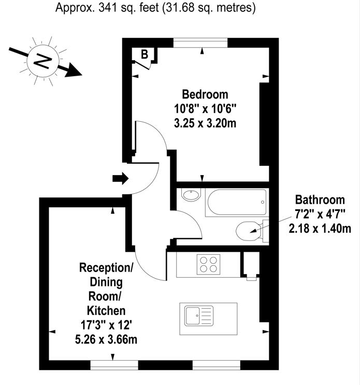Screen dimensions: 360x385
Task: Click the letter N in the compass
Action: pyautogui.click(x=42, y=61)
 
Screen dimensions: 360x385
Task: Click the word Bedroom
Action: pyautogui.click(x=205, y=94)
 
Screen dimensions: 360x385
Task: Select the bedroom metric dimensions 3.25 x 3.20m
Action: pyautogui.click(x=205, y=123)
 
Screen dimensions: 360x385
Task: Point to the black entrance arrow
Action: pyautogui.click(x=121, y=178)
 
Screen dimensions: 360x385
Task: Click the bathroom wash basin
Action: pyautogui.click(x=191, y=195)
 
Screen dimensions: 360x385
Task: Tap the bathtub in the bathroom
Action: pyautogui.click(x=237, y=202)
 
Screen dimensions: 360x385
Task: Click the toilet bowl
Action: pyautogui.click(x=248, y=231)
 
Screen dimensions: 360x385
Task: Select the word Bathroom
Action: pyautogui.click(x=320, y=199)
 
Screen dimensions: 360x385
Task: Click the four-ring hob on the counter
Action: pyautogui.click(x=208, y=264)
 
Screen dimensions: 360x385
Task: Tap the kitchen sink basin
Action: pyautogui.click(x=192, y=316)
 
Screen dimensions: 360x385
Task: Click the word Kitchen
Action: pyautogui.click(x=106, y=311)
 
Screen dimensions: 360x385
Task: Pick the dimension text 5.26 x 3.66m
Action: pyautogui.click(x=106, y=339)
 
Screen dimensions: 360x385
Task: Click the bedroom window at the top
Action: pyautogui.click(x=200, y=42)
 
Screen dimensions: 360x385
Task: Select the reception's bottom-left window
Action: pyautogui.click(x=114, y=365)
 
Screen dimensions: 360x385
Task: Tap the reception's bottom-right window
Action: pyautogui.click(x=216, y=365)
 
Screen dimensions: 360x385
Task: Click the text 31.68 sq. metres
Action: pyautogui.click(x=209, y=8)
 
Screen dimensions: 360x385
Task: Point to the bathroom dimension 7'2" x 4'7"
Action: pyautogui.click(x=320, y=214)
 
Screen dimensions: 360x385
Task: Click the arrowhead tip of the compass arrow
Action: pyautogui.click(x=82, y=75)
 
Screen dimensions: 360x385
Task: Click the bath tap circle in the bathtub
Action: pyautogui.click(x=263, y=202)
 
